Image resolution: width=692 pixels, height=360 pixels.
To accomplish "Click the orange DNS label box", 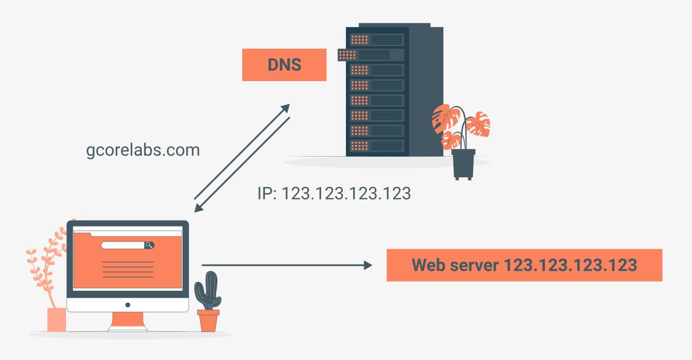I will pyautogui.click(x=284, y=65).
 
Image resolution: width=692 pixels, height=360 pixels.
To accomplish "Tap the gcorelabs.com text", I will pyautogui.click(x=143, y=150).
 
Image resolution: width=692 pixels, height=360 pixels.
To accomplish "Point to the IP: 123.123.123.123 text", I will pyautogui.click(x=334, y=193).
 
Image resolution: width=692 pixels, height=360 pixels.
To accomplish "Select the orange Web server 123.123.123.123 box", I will pyautogui.click(x=524, y=265).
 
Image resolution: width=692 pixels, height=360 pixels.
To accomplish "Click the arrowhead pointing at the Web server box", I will pyautogui.click(x=368, y=265).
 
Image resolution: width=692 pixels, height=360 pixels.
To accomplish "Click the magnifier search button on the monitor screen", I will pyautogui.click(x=149, y=245).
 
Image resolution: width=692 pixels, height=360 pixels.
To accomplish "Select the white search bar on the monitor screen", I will pyautogui.click(x=123, y=245).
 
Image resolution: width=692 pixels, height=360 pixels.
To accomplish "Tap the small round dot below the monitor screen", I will pyautogui.click(x=128, y=305).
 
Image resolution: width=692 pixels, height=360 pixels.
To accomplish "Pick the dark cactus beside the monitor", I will pyautogui.click(x=208, y=291).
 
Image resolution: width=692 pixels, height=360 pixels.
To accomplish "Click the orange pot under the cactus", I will pyautogui.click(x=208, y=321).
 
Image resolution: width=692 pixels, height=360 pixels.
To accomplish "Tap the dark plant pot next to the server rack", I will pyautogui.click(x=463, y=164).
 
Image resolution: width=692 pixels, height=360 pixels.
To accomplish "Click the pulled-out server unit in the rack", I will pyautogui.click(x=371, y=55).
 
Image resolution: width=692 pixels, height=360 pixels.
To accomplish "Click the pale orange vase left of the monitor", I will pyautogui.click(x=56, y=319).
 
